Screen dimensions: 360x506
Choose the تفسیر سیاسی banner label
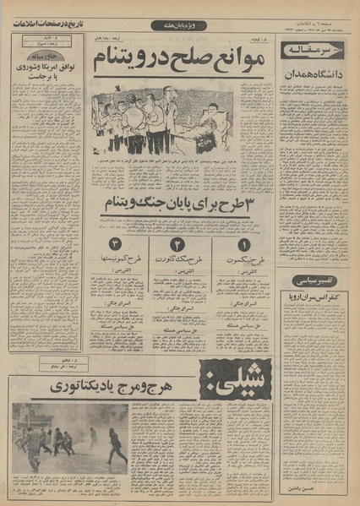[x=314, y=280]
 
